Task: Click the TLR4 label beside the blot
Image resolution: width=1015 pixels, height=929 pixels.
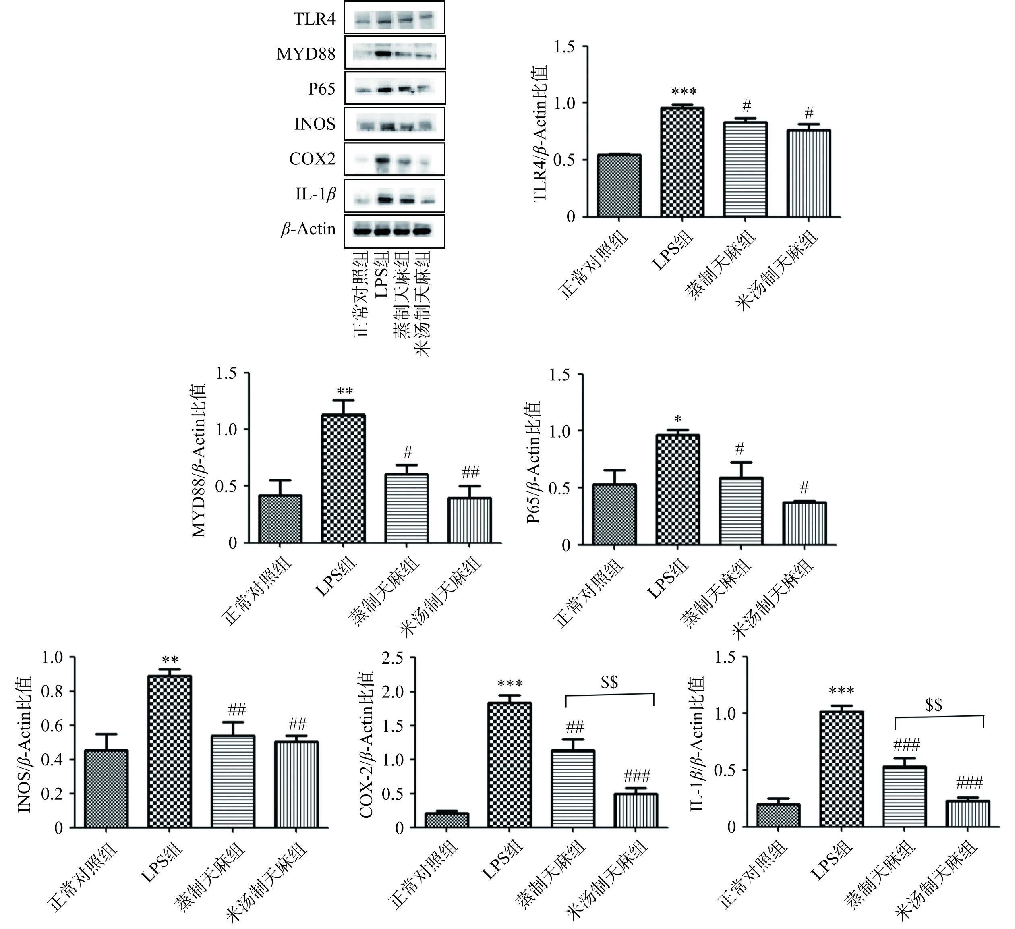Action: click(315, 19)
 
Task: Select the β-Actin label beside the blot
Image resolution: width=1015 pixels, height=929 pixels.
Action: click(308, 230)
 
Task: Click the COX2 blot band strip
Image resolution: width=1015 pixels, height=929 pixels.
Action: click(395, 160)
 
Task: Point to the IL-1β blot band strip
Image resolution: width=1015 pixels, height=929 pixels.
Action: click(395, 196)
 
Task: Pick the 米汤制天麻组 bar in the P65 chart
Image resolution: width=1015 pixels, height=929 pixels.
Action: click(805, 523)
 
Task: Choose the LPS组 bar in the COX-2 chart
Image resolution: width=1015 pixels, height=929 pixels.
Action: click(510, 765)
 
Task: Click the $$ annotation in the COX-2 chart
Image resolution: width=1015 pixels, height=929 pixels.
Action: click(609, 683)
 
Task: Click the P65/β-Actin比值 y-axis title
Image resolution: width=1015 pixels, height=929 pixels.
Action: click(534, 462)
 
